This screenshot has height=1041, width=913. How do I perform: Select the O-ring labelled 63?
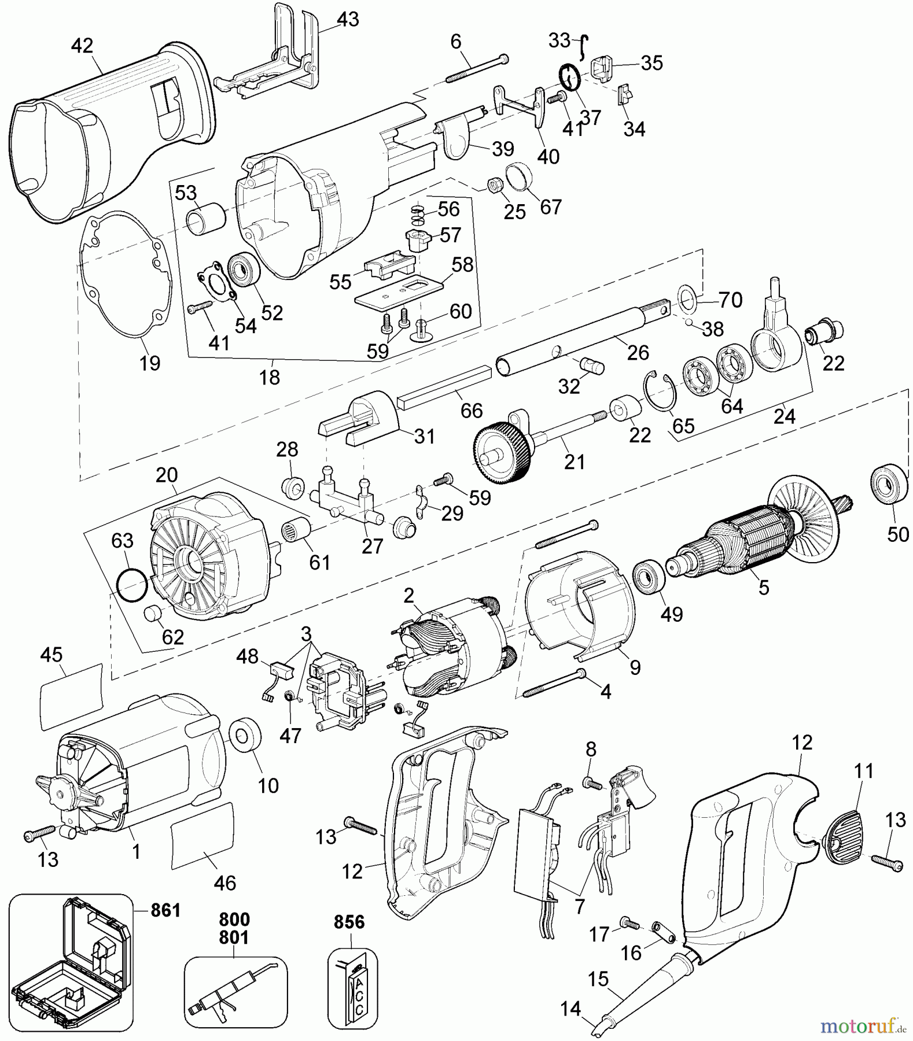tap(131, 586)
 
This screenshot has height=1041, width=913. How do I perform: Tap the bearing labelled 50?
tap(889, 483)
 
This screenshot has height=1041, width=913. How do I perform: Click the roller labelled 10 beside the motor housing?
tap(245, 739)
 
